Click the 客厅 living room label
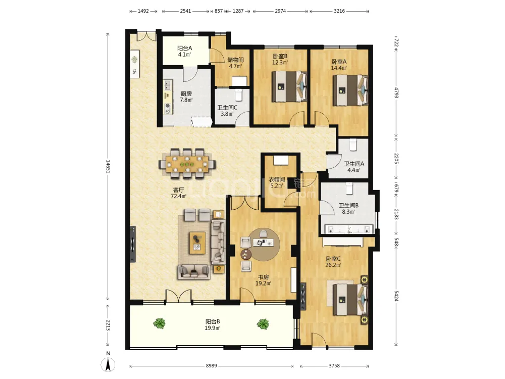(178, 190)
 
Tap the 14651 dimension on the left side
(108, 167)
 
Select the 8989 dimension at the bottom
(211, 366)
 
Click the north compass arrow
(109, 365)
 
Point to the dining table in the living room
(187, 164)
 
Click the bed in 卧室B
(289, 86)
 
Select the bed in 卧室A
(350, 90)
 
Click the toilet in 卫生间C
(239, 94)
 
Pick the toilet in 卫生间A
(353, 145)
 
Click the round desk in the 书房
(261, 245)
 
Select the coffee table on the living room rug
(197, 243)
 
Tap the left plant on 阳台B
(159, 323)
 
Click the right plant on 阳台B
(263, 323)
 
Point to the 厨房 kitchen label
(186, 94)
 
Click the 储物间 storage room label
(235, 60)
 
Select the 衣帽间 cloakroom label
(277, 179)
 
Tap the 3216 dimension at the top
(339, 11)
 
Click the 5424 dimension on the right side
(396, 296)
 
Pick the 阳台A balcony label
(184, 49)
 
